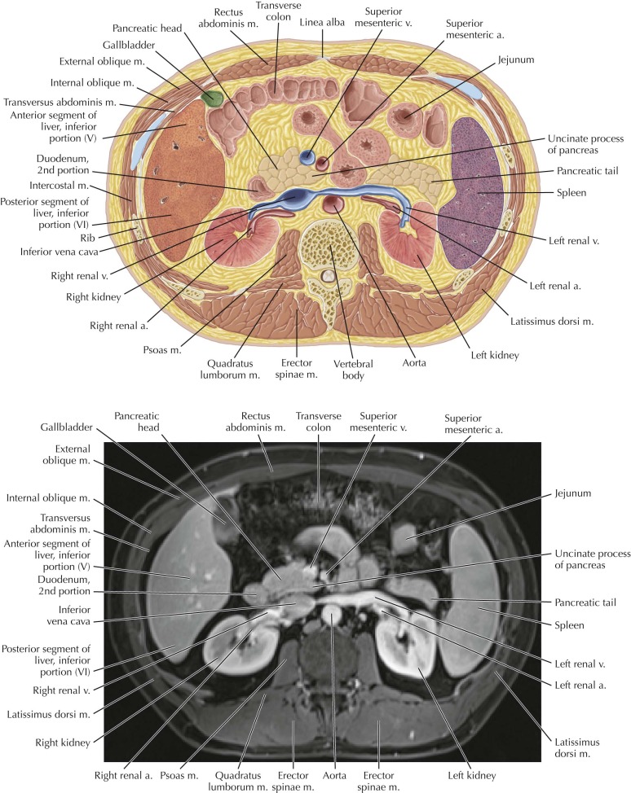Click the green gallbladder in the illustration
pos(213,99)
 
